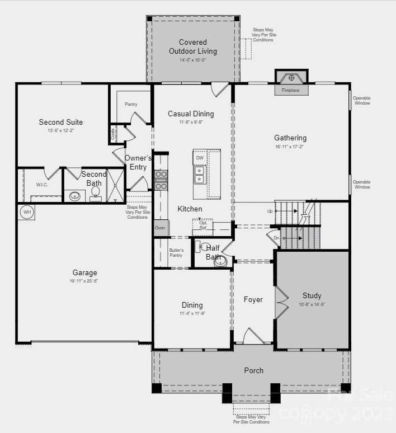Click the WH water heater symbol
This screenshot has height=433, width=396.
pyautogui.click(x=26, y=213)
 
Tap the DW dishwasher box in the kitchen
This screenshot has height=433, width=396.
pyautogui.click(x=200, y=158)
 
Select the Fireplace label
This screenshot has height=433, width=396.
pyautogui.click(x=290, y=90)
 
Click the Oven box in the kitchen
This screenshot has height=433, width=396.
pyautogui.click(x=161, y=228)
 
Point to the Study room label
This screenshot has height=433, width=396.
pyautogui.click(x=312, y=295)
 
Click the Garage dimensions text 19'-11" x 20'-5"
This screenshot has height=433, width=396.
pyautogui.click(x=84, y=281)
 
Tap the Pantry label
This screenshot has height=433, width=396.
pyautogui.click(x=131, y=104)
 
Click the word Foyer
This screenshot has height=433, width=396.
pyautogui.click(x=253, y=300)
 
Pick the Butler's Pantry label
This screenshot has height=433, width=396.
pyautogui.click(x=177, y=252)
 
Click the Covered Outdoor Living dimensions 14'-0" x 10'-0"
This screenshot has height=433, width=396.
pyautogui.click(x=193, y=60)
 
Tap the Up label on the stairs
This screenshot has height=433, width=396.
pyautogui.click(x=270, y=211)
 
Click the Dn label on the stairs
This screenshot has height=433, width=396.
pyautogui.click(x=276, y=238)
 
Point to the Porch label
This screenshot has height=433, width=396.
pyautogui.click(x=253, y=370)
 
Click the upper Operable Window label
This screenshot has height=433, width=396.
pyautogui.click(x=361, y=101)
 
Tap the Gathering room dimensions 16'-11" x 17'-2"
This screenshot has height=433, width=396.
pyautogui.click(x=290, y=147)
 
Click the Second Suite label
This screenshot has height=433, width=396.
pyautogui.click(x=60, y=122)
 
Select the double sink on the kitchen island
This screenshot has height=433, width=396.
pyautogui.click(x=199, y=175)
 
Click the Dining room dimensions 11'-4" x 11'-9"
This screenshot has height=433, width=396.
pyautogui.click(x=192, y=314)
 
